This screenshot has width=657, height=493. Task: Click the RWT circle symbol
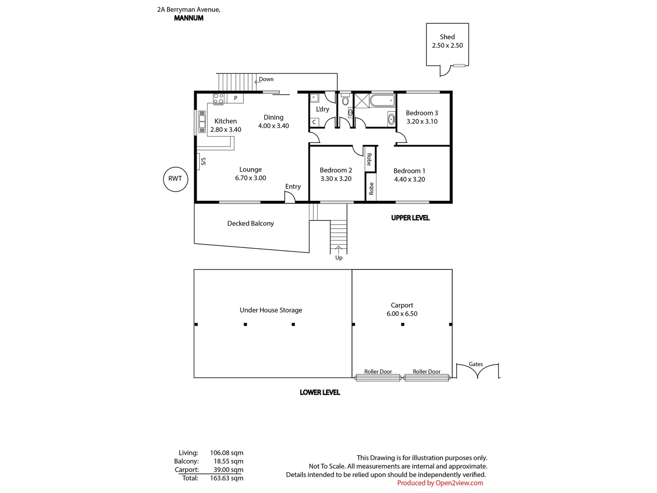pos(175,178)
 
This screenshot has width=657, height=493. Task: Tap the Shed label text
pos(447,37)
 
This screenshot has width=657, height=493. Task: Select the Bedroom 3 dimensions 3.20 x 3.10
pos(422,121)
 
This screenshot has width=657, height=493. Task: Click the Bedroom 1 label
pos(409,171)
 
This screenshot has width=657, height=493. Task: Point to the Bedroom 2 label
pos(336,170)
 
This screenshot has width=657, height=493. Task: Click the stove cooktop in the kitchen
pos(219,99)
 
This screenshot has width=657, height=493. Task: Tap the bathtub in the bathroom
pos(382,100)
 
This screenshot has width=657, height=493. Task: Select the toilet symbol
pos(345,100)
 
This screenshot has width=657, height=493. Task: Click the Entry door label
pos(293,186)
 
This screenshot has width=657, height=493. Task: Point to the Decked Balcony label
pos(250,223)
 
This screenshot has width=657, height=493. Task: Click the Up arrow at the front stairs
pos(339,249)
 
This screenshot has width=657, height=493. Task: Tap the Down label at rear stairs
pos(266,79)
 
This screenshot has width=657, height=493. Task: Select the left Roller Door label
pos(378,372)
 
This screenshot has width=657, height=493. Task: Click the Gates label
pos(476,364)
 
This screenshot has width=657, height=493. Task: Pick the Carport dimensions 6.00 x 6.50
pos(402,314)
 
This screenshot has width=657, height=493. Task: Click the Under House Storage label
pos(271,310)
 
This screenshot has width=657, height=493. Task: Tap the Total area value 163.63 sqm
pos(226,478)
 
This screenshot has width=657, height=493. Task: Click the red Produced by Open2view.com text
pos(440,483)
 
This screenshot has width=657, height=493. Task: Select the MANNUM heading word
pos(189,18)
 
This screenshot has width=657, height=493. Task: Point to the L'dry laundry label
pos(323,109)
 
